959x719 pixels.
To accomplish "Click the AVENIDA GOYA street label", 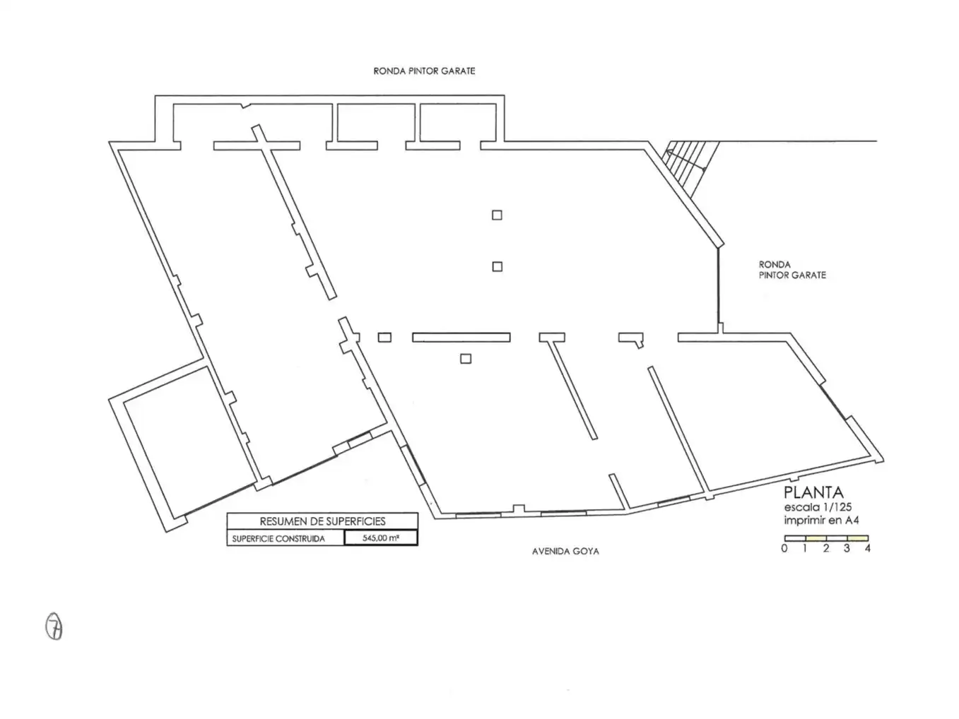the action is [565, 552].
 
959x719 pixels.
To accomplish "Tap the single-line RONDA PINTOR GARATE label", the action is [424, 71].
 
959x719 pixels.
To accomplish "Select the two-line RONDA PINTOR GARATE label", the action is [792, 270].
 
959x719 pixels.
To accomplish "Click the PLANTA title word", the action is [813, 492].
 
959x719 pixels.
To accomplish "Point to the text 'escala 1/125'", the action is [818, 507].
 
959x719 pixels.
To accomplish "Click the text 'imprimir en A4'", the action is [821, 521].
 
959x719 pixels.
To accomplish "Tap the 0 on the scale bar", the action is [784, 548].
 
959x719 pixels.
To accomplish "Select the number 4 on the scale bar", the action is [867, 548].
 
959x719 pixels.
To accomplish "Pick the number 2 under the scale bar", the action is [825, 548].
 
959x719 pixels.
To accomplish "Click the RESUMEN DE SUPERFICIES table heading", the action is [322, 521].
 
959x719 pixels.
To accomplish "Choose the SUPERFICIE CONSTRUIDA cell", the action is [278, 539].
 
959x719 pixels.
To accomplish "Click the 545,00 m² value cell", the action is [380, 537].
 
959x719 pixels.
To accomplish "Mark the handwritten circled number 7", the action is [54, 626].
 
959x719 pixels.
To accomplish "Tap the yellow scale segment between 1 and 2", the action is [816, 538].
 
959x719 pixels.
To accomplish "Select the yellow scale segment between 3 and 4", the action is [858, 538].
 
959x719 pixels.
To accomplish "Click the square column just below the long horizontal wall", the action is [466, 359].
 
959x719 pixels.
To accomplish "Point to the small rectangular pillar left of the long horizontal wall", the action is [384, 338].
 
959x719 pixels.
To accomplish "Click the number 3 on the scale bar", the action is [847, 548].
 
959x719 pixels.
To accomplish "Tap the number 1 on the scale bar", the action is [805, 548].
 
